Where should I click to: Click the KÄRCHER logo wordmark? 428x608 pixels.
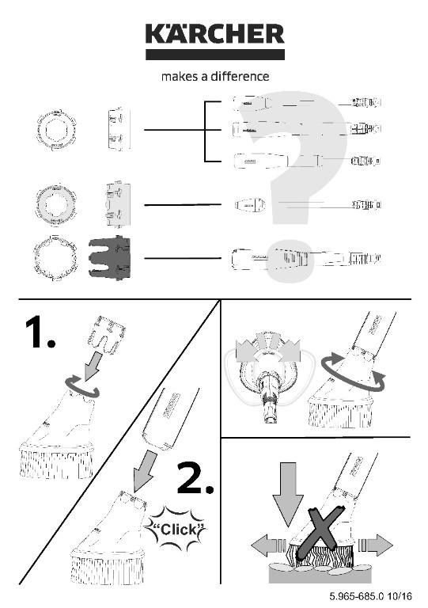215,34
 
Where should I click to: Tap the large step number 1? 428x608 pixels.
40,332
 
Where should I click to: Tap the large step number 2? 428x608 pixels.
195,478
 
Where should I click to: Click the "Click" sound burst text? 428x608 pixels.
176,529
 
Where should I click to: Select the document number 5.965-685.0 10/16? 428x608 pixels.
371,595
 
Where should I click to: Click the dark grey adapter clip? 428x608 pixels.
110,258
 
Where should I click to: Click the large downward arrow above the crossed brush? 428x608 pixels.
287,493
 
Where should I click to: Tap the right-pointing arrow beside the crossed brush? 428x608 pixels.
375,545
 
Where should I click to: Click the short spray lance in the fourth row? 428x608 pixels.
250,204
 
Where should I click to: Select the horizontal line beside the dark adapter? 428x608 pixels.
183,258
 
